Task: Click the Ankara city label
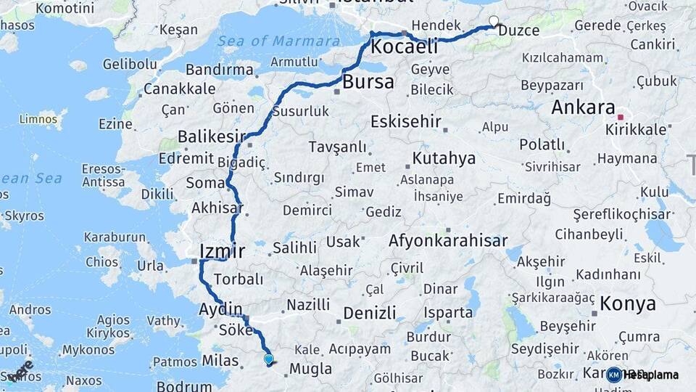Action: point(583,107)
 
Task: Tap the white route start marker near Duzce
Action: point(494,21)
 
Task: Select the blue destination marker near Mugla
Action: point(269,358)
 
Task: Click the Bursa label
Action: point(368,81)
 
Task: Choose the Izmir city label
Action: point(223,252)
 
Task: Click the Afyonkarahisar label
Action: point(447,240)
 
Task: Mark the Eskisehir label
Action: point(406,121)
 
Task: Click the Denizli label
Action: point(370,313)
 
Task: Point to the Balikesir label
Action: point(211,136)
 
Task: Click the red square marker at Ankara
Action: point(620,116)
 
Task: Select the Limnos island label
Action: point(38,118)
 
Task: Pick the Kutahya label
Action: point(444,158)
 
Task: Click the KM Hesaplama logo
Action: point(642,375)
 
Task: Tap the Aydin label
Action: point(220,310)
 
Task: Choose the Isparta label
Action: point(449,313)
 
